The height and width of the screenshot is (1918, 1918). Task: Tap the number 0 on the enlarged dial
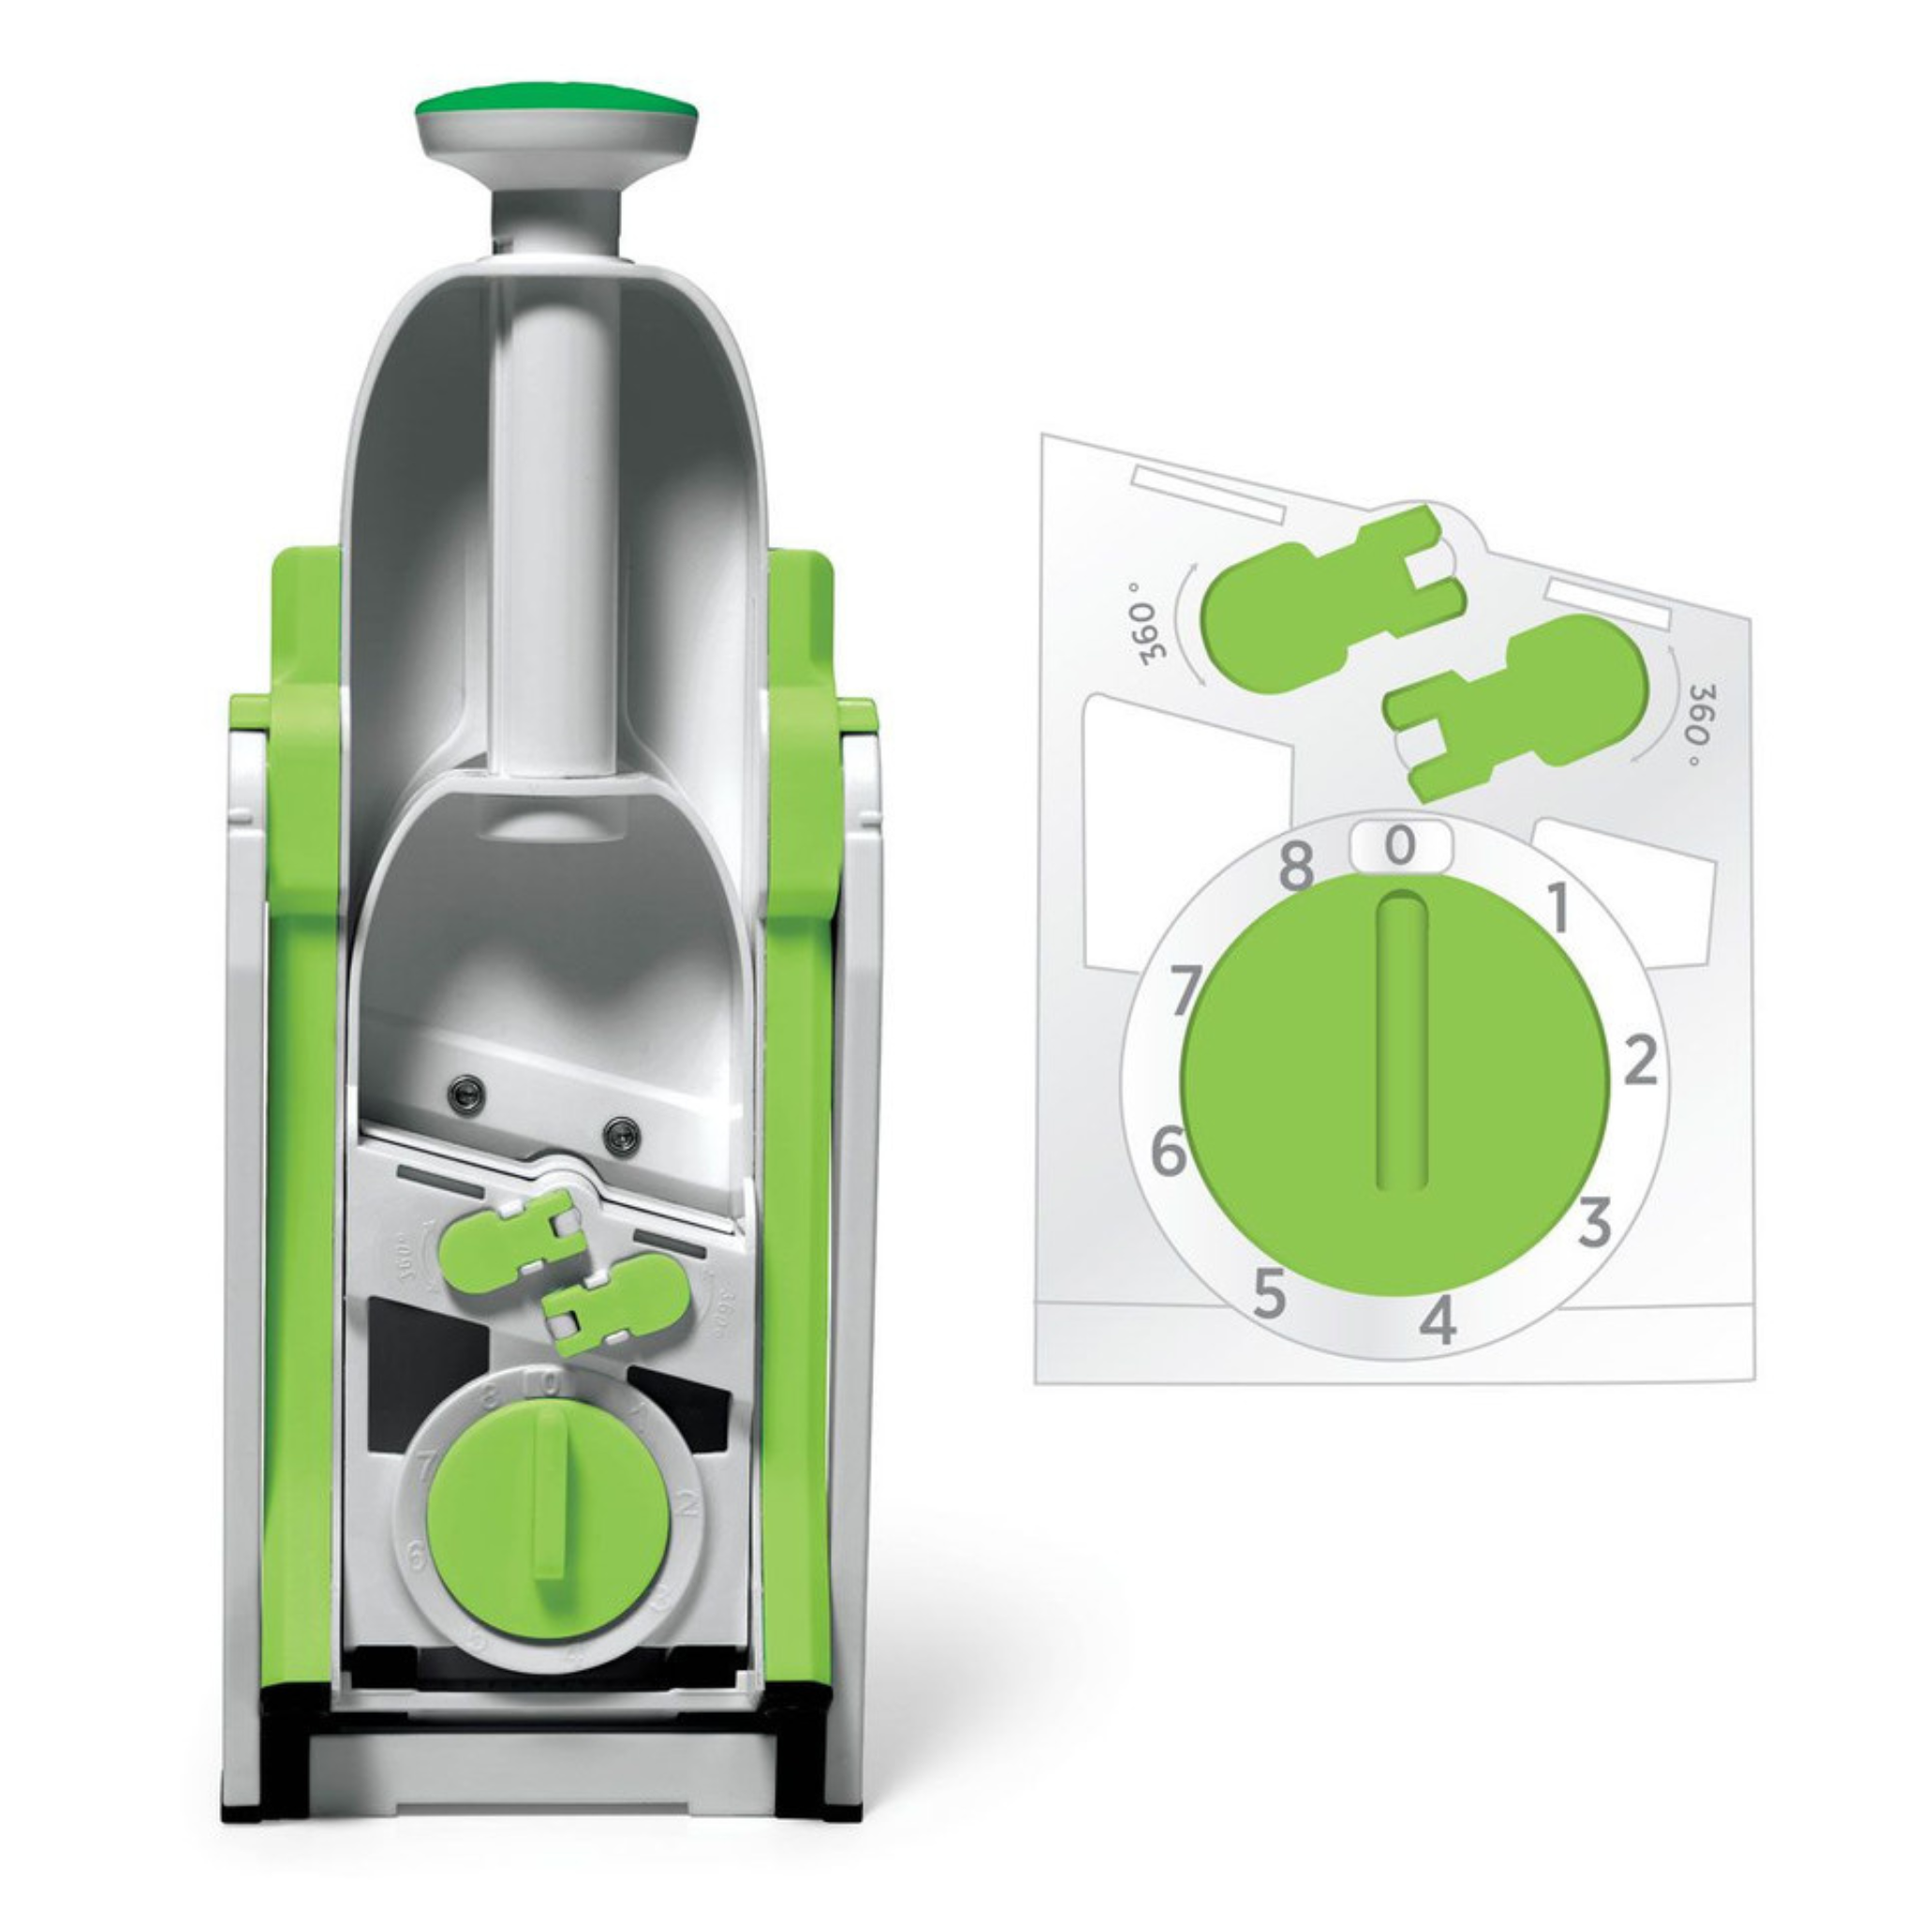1400,846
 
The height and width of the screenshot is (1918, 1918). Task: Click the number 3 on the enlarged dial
1594,1222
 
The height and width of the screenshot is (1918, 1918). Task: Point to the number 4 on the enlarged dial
1438,1321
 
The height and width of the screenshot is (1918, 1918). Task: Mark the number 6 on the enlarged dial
1169,1153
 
